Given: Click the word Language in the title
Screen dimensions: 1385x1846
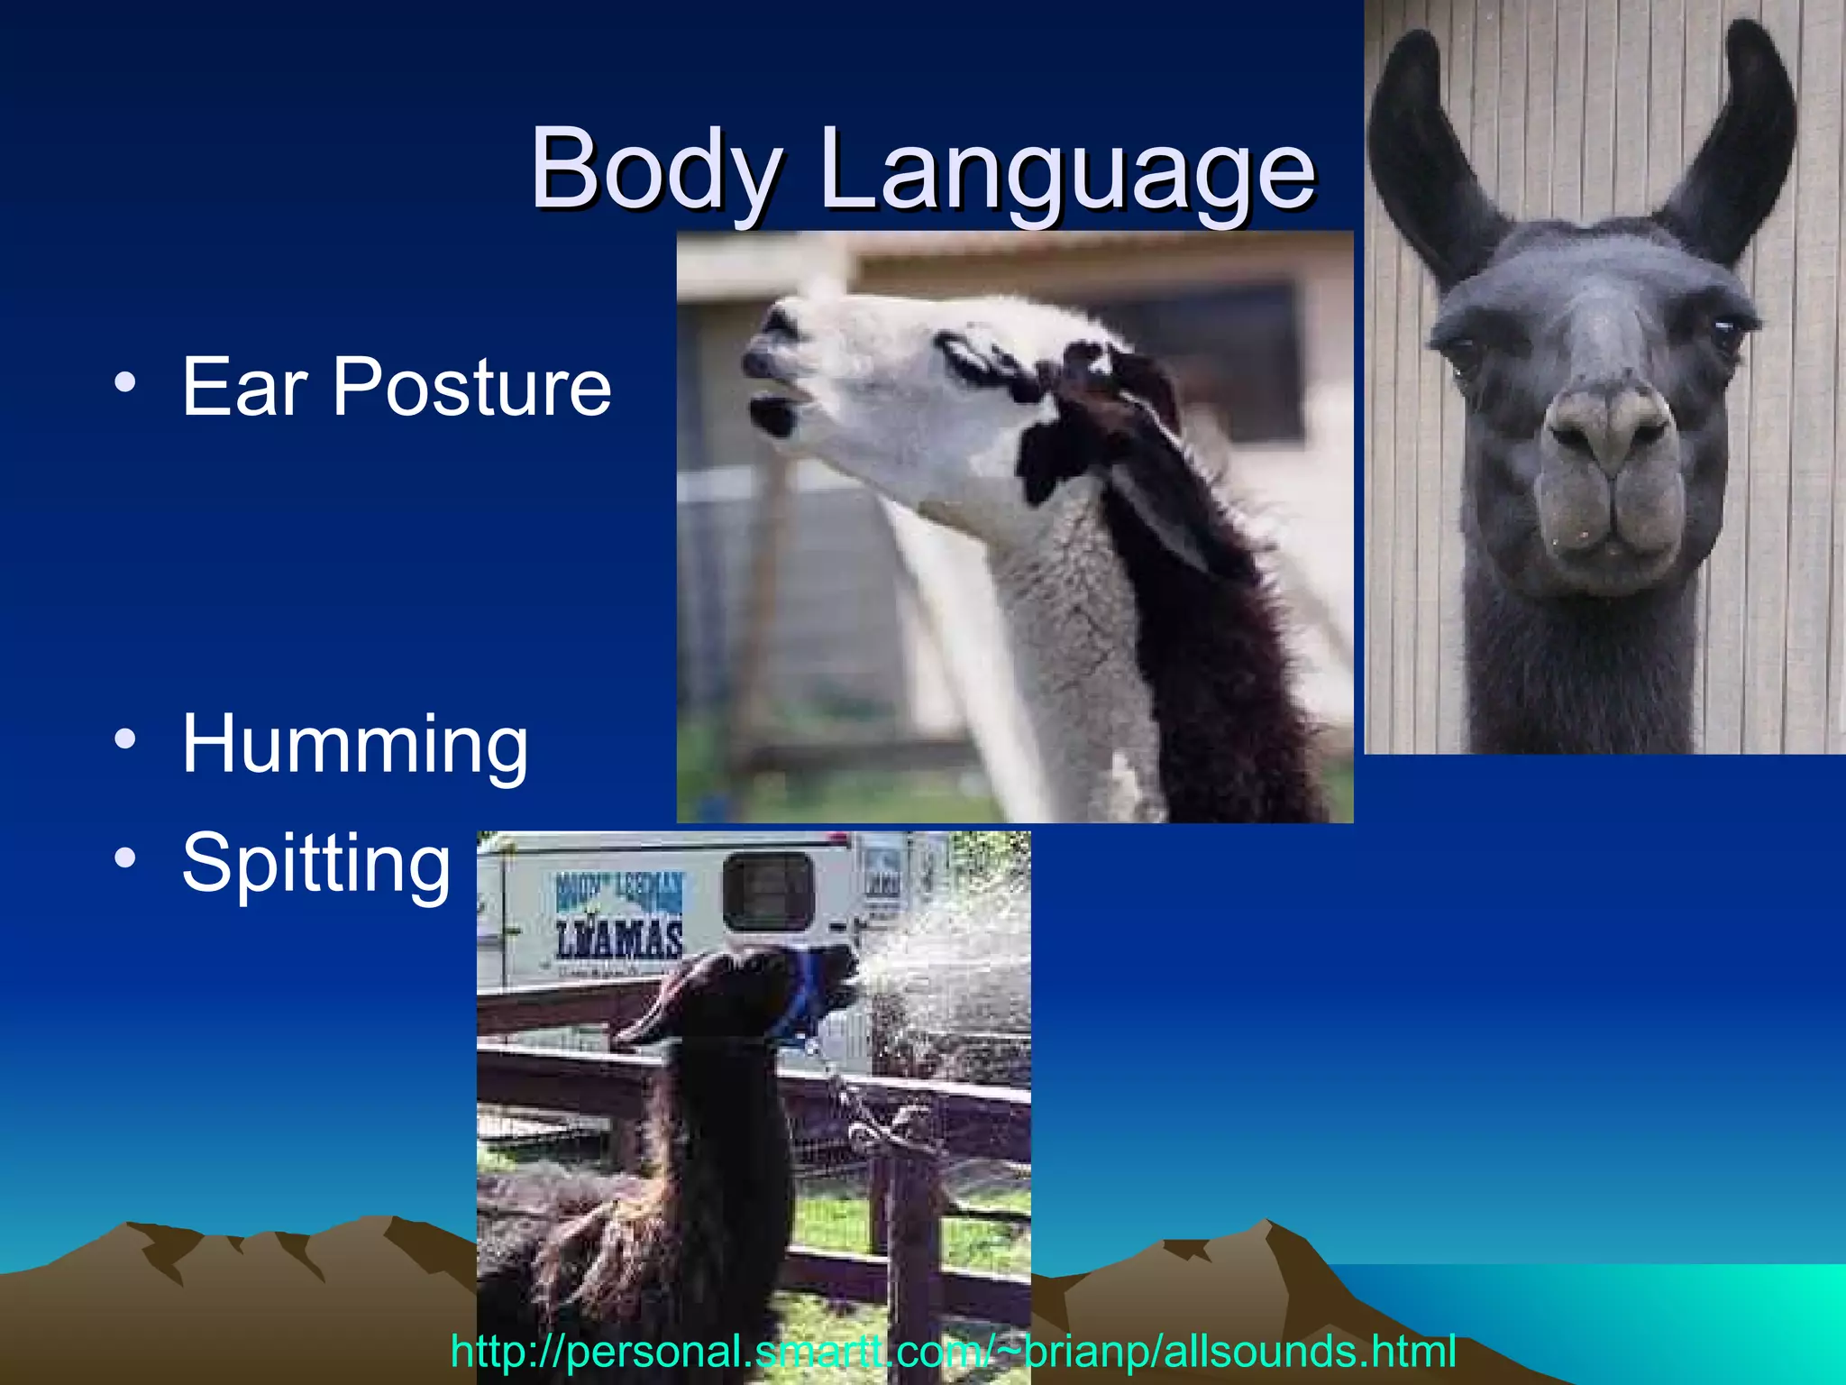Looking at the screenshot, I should click(1068, 171).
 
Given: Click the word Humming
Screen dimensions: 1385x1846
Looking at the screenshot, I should click(355, 745).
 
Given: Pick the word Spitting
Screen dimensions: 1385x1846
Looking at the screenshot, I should click(315, 864).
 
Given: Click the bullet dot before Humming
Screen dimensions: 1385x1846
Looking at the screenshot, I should click(125, 739).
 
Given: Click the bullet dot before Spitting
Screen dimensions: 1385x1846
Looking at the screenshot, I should click(125, 858).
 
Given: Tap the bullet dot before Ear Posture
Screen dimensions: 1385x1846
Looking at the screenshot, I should click(125, 382).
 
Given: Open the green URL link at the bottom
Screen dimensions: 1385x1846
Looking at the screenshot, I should click(953, 1352).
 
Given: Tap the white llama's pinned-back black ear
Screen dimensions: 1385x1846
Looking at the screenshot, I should click(1163, 505).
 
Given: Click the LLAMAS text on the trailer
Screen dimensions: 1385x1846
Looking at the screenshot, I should click(618, 940).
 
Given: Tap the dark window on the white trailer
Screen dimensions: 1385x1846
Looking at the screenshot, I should click(768, 891).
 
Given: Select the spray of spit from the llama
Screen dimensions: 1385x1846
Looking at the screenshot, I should click(946, 956).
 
